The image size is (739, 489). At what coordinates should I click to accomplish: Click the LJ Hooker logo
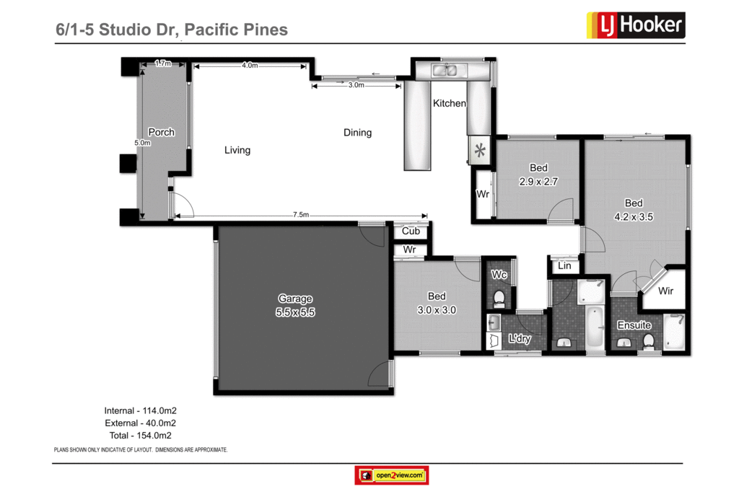click(x=634, y=25)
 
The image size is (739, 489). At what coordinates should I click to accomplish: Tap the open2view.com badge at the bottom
click(x=392, y=475)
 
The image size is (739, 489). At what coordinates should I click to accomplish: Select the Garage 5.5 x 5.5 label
click(x=296, y=306)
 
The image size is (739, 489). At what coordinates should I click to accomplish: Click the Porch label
click(x=161, y=132)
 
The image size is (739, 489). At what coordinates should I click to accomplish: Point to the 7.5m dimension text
click(x=301, y=215)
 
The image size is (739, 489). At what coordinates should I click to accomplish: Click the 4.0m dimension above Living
click(x=250, y=66)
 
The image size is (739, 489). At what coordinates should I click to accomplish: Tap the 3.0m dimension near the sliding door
click(x=356, y=85)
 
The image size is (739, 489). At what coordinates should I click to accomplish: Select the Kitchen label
click(x=449, y=104)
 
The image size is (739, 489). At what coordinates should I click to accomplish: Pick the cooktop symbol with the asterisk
click(x=480, y=151)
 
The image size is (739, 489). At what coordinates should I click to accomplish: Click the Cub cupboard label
click(x=411, y=232)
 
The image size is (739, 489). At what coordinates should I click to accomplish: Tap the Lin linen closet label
click(x=564, y=266)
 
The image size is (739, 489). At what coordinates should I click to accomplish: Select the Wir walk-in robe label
click(x=667, y=291)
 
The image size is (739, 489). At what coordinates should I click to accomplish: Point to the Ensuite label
click(x=634, y=325)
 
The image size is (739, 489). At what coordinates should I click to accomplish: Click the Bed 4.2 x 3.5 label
click(x=634, y=209)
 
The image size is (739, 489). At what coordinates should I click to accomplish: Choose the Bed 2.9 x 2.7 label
click(x=538, y=175)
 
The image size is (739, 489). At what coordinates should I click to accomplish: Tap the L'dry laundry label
click(x=520, y=338)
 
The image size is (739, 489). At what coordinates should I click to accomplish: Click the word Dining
click(x=357, y=133)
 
